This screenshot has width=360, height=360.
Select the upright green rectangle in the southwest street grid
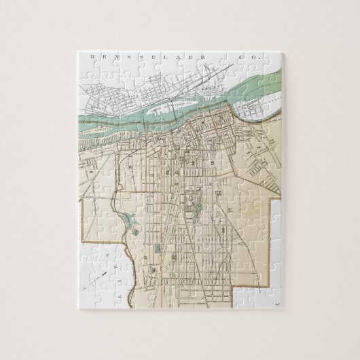pyautogui.click(x=158, y=252)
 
